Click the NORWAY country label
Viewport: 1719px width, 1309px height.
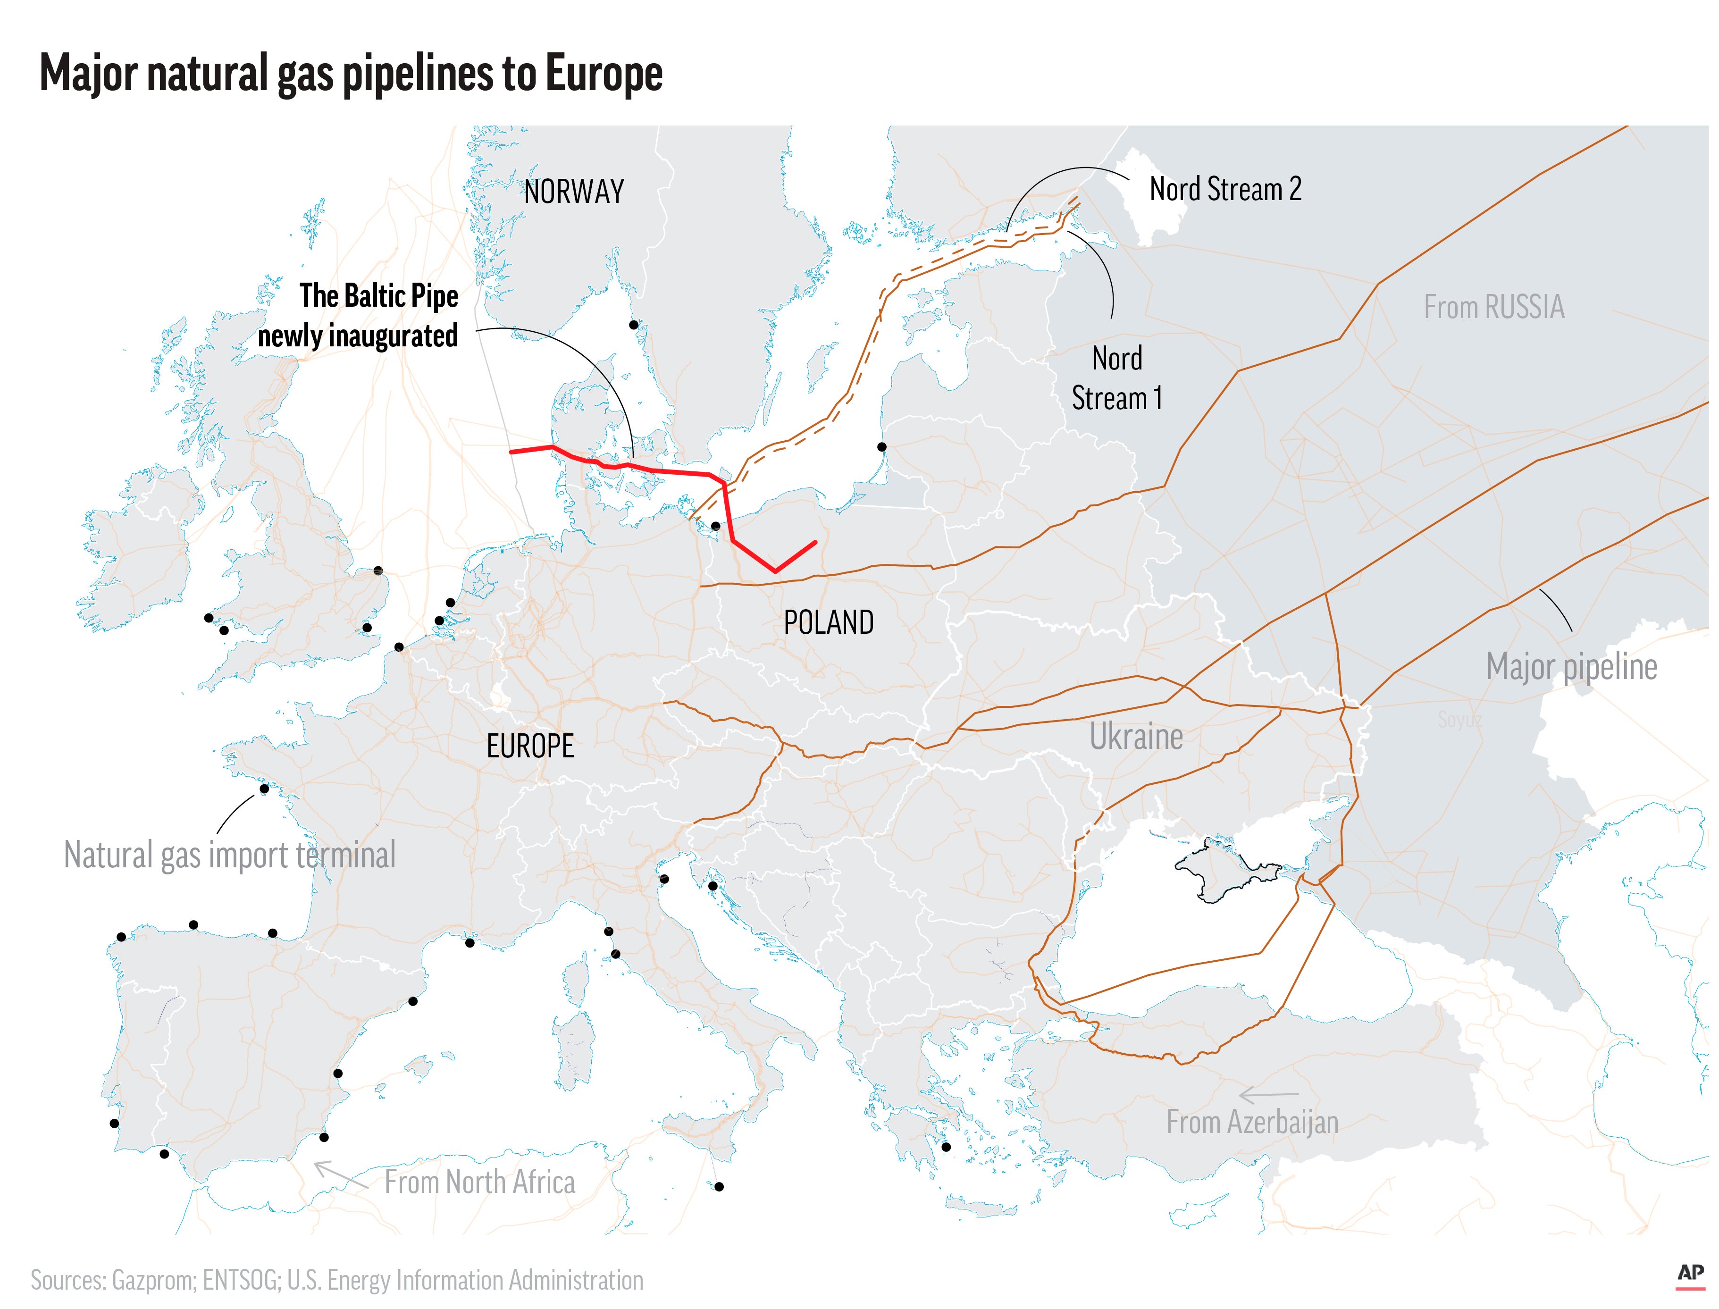coord(573,192)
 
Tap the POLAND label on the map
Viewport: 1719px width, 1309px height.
coord(828,622)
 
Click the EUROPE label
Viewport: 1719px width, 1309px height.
coord(530,747)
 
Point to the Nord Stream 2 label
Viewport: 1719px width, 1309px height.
coord(1225,189)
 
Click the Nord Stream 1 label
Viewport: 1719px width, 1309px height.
coord(1116,378)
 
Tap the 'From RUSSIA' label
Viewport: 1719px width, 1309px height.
coord(1493,307)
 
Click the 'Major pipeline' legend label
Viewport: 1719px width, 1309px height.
coord(1571,667)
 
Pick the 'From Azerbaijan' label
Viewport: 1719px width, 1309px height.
coord(1251,1122)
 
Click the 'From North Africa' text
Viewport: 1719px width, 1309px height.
coord(479,1182)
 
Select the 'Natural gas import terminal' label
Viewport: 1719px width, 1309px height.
coord(230,855)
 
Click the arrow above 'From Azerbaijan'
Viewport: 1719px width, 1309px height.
coord(1268,1096)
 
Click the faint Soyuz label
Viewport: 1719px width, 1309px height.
coord(1459,719)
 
